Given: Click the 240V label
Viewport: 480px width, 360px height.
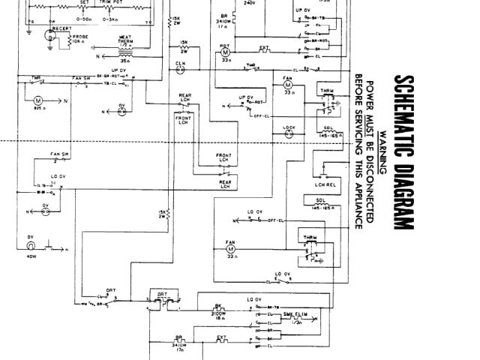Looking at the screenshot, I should pos(239,2).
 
